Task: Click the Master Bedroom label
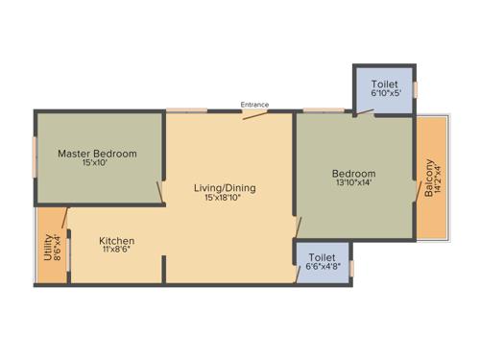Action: click(97, 153)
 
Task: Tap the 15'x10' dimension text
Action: click(97, 163)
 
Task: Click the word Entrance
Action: click(254, 105)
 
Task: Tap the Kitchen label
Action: click(116, 240)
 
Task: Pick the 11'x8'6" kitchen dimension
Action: click(116, 251)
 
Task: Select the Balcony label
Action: click(428, 178)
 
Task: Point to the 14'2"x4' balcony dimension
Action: click(439, 178)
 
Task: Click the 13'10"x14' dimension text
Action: click(353, 182)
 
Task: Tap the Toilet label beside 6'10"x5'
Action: click(384, 84)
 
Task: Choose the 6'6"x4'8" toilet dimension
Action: click(323, 268)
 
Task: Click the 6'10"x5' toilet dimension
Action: click(384, 95)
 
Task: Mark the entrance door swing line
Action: click(255, 115)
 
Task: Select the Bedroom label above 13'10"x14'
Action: click(353, 172)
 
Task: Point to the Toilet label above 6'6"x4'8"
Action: click(323, 257)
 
